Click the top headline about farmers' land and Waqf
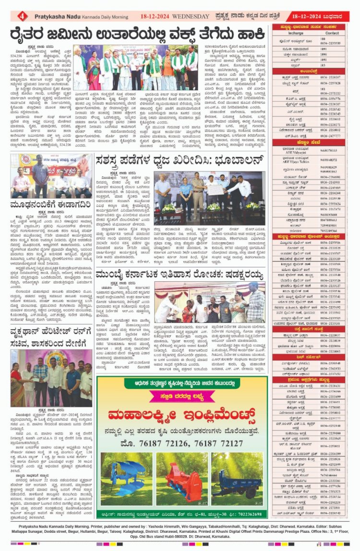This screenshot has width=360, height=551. click(x=139, y=35)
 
